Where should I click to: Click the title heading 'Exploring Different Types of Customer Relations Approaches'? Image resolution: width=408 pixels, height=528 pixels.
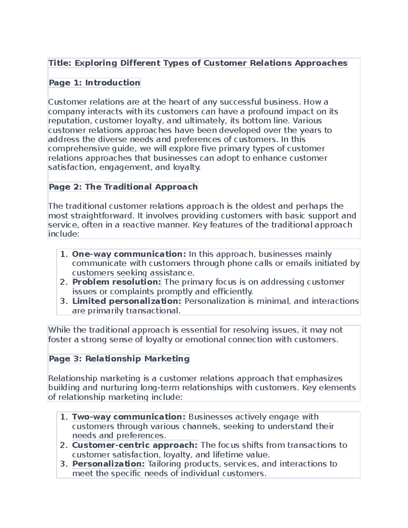[198, 63]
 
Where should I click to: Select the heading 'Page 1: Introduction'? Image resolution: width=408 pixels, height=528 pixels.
[94, 83]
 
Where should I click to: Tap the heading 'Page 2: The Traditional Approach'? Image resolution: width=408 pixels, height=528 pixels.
[123, 187]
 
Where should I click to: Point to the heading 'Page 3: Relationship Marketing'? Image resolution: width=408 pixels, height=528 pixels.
[119, 359]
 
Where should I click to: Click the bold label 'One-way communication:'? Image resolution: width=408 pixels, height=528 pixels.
[129, 254]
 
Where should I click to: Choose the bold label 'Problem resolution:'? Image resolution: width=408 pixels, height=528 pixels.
[117, 282]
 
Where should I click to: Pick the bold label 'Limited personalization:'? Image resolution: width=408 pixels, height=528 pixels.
[127, 301]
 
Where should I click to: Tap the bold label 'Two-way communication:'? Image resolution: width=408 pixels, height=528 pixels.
[129, 417]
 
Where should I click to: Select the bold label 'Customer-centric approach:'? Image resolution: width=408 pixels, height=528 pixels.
[135, 445]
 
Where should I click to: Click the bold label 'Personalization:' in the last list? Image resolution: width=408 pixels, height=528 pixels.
[108, 464]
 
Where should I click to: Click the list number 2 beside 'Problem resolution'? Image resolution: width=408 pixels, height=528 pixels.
[64, 282]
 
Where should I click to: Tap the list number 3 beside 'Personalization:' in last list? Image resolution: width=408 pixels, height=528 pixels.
[64, 464]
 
